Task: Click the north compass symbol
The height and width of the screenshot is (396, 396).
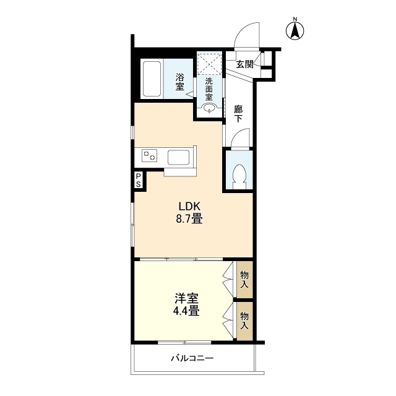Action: pyautogui.click(x=296, y=30)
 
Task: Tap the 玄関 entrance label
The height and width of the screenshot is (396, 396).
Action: pyautogui.click(x=244, y=64)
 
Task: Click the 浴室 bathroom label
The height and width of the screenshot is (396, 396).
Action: pyautogui.click(x=179, y=82)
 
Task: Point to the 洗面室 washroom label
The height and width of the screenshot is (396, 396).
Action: pyautogui.click(x=209, y=88)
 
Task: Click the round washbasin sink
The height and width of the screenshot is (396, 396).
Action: pyautogui.click(x=209, y=110)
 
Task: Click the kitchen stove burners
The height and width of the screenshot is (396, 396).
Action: pyautogui.click(x=149, y=156)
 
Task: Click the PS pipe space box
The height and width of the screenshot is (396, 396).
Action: pyautogui.click(x=139, y=180)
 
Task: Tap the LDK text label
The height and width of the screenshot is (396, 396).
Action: pyautogui.click(x=190, y=206)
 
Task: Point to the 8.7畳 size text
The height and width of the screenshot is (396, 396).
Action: pyautogui.click(x=190, y=218)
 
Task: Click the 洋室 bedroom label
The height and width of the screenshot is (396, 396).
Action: pyautogui.click(x=186, y=298)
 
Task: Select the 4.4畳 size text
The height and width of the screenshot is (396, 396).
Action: pyautogui.click(x=186, y=311)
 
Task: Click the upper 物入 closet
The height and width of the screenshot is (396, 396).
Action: pyautogui.click(x=244, y=280)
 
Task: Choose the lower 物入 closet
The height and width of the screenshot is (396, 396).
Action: pyautogui.click(x=244, y=320)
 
